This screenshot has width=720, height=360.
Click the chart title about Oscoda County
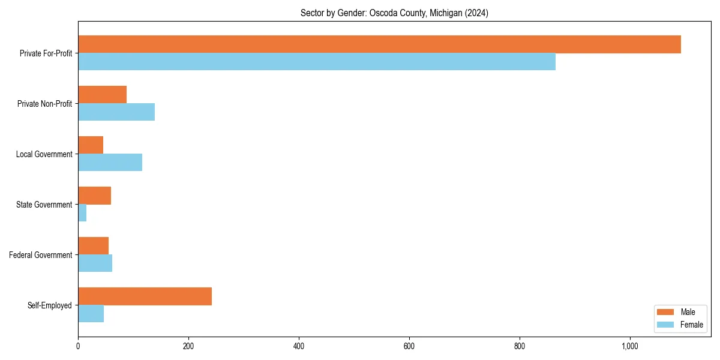pyautogui.click(x=394, y=13)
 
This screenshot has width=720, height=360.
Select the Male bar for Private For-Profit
pyautogui.click(x=379, y=44)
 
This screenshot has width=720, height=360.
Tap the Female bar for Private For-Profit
pyautogui.click(x=317, y=62)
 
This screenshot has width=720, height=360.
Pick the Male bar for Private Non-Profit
pyautogui.click(x=102, y=95)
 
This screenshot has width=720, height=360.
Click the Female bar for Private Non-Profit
pyautogui.click(x=116, y=112)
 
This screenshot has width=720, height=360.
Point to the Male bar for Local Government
pyautogui.click(x=91, y=145)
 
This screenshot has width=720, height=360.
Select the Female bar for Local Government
pyautogui.click(x=110, y=163)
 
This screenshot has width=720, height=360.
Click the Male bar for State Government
pyautogui.click(x=94, y=196)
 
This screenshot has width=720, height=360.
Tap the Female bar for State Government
pyautogui.click(x=82, y=213)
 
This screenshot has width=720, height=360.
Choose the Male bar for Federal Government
pyautogui.click(x=93, y=246)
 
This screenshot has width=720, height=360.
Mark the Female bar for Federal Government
pyautogui.click(x=95, y=263)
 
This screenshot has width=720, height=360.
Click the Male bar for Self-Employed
pyautogui.click(x=145, y=296)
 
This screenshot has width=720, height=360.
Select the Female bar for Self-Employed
pyautogui.click(x=91, y=314)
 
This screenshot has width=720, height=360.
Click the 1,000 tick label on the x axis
pyautogui.click(x=630, y=347)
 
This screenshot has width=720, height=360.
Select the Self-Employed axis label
pyautogui.click(x=50, y=305)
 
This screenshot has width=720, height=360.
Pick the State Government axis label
pyautogui.click(x=44, y=205)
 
